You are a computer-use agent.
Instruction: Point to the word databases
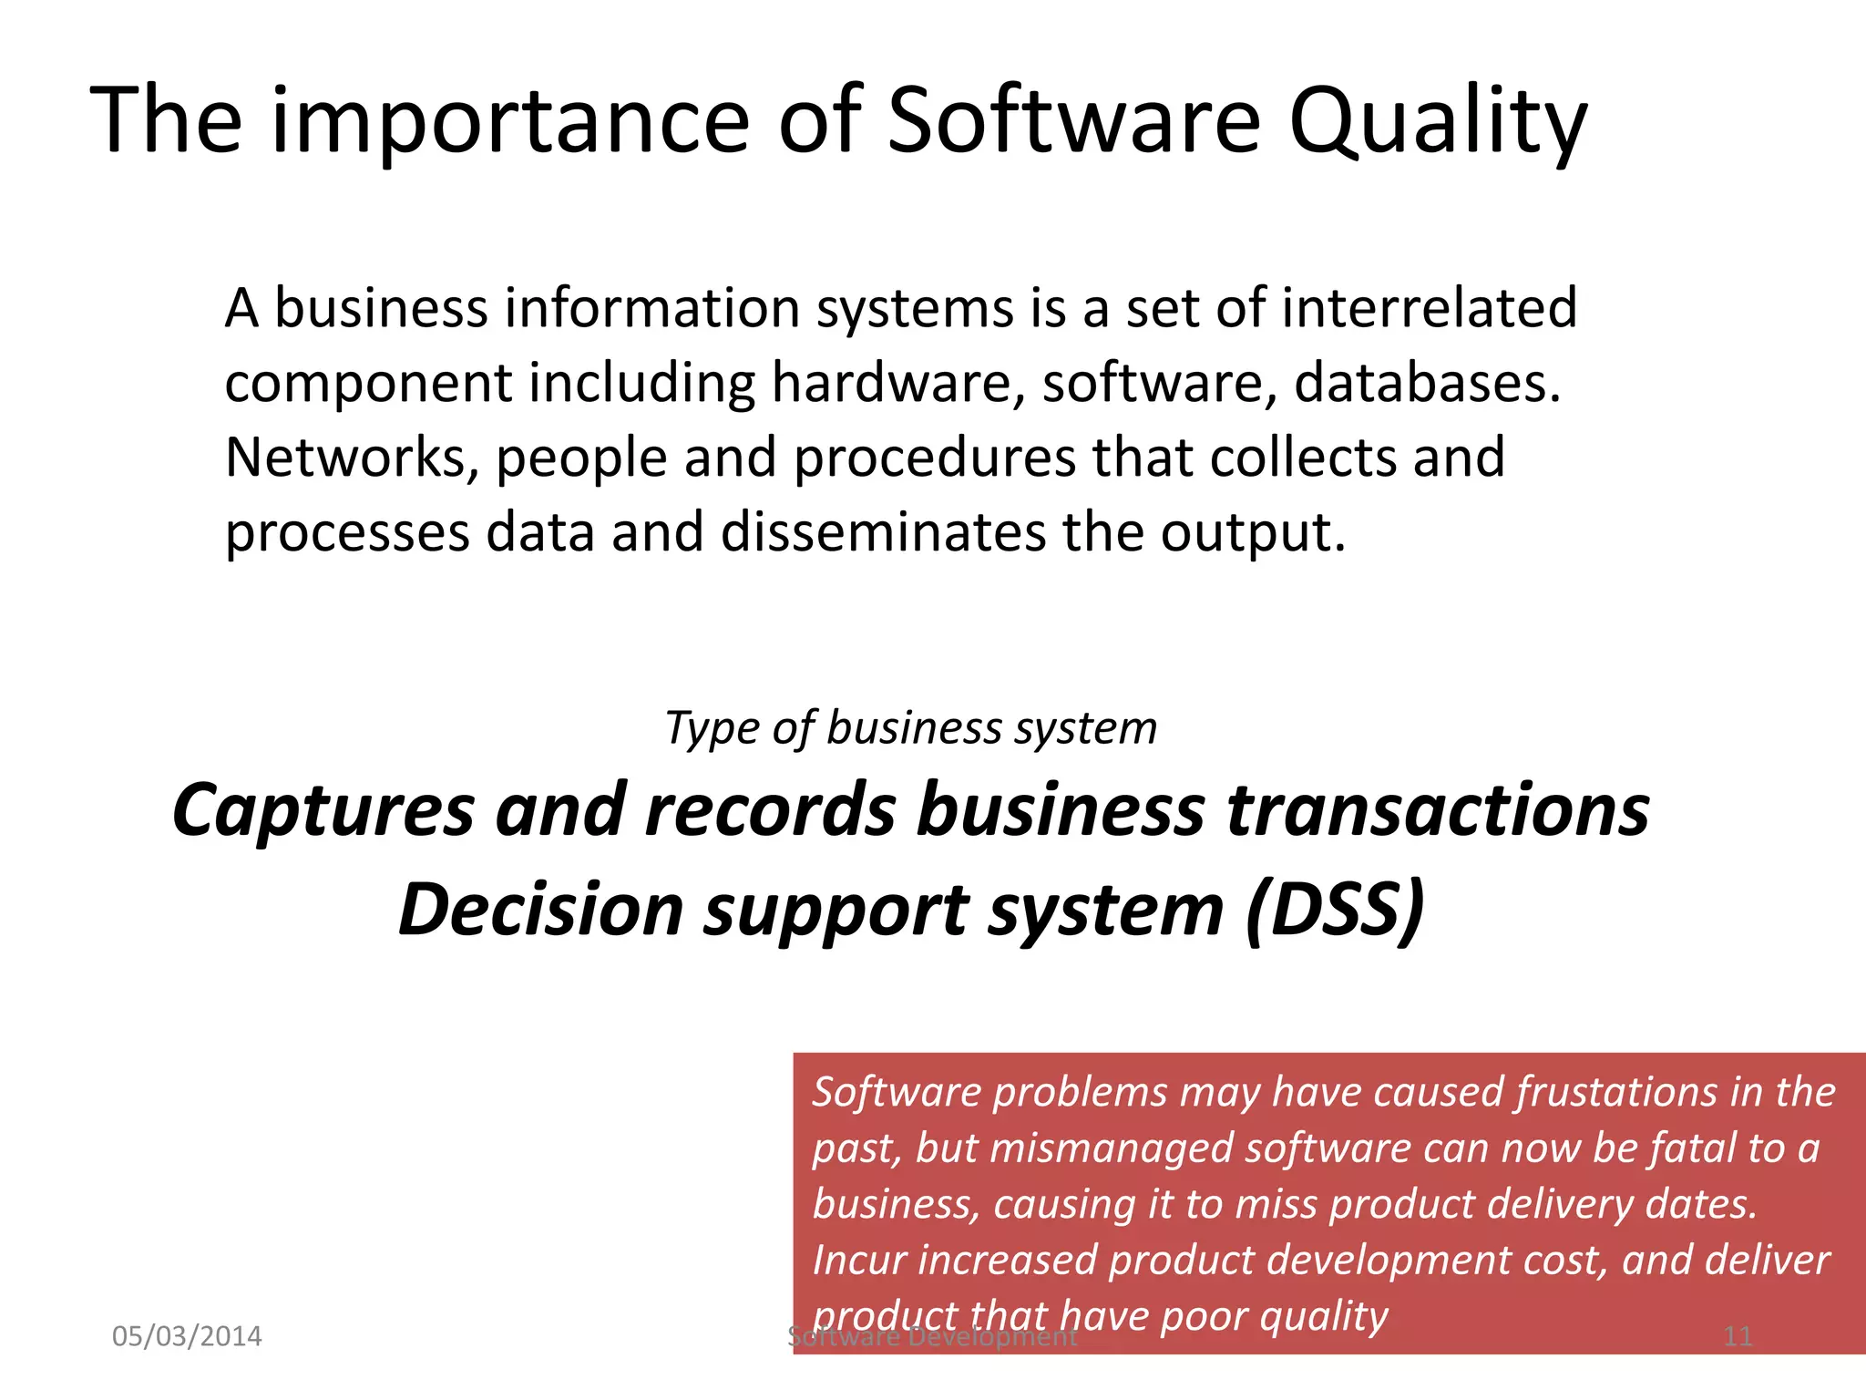tap(1427, 383)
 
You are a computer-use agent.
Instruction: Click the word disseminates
tap(883, 532)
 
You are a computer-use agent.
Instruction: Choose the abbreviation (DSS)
tap(1335, 910)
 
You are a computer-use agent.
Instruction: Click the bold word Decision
tap(541, 910)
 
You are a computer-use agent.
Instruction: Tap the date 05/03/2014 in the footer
tap(187, 1336)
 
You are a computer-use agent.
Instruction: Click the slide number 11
tap(1738, 1336)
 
